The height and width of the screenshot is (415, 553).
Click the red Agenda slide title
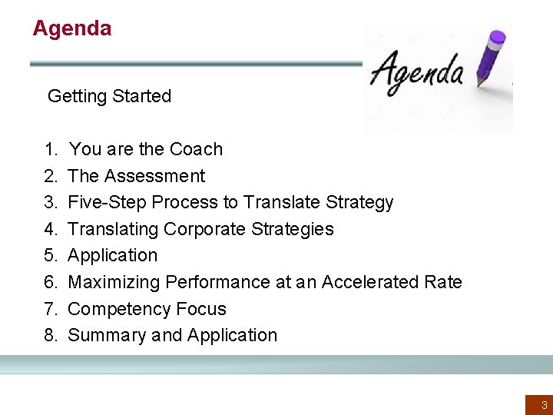click(x=71, y=28)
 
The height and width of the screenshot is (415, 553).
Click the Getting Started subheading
click(x=109, y=96)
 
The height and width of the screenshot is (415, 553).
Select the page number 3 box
click(x=539, y=404)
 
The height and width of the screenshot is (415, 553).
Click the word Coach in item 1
click(x=196, y=149)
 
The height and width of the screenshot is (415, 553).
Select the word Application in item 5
click(x=112, y=255)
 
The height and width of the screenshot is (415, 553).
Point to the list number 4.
click(x=50, y=229)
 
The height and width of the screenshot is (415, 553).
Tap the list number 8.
click(x=50, y=335)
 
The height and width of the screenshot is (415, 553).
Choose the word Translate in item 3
click(x=280, y=202)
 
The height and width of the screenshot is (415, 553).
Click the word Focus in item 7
click(x=201, y=309)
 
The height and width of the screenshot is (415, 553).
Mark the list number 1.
click(x=50, y=149)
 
